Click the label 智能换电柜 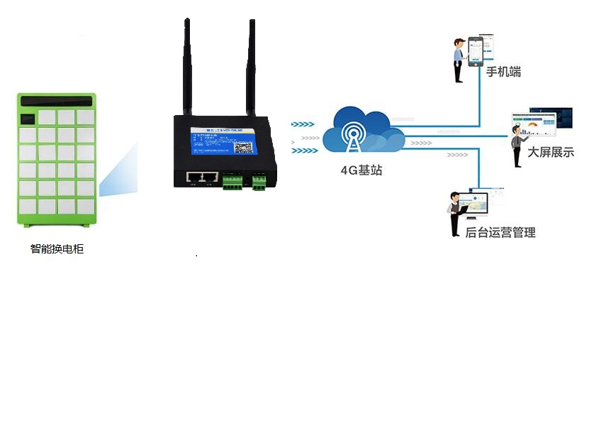point(57,249)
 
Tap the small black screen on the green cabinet point(28,116)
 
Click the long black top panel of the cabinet point(57,100)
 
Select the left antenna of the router point(187,67)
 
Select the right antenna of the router point(251,67)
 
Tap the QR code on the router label point(243,147)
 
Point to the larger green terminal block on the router point(232,182)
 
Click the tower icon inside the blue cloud point(352,138)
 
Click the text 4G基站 point(361,170)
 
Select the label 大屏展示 point(551,152)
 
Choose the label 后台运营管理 point(500,232)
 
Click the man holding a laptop point(454,214)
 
